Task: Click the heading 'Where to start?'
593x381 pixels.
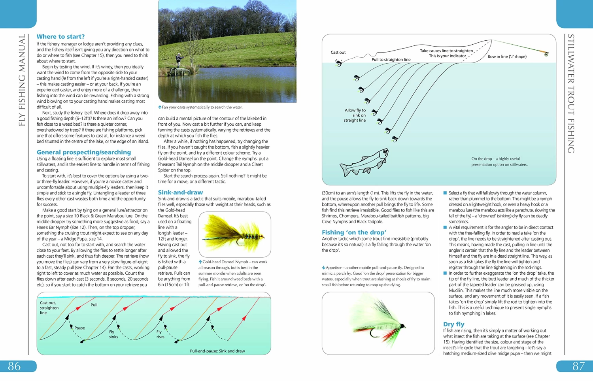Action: pos(60,37)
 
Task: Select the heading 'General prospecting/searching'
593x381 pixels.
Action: pos(83,152)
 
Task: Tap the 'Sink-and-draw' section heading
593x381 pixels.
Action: pos(180,192)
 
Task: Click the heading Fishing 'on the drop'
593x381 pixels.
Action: pos(354,232)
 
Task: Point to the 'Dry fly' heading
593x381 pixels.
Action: pos(453,324)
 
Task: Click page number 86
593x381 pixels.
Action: pos(14,366)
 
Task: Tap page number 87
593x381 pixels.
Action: pos(578,366)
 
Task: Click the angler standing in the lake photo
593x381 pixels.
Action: pos(179,60)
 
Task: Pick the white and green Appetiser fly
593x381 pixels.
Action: pos(378,323)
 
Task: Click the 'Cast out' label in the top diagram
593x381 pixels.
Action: pos(338,53)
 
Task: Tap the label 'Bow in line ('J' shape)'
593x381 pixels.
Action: pos(507,57)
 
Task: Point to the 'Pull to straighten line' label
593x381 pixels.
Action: pos(391,60)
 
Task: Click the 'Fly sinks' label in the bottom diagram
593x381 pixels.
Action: pos(113,334)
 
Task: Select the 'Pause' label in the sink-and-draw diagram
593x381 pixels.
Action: pos(79,328)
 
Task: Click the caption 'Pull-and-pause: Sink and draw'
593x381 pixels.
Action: pos(217,351)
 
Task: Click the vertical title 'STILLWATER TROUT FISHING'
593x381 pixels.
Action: pos(570,94)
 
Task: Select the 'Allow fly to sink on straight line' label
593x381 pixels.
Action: pos(355,115)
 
